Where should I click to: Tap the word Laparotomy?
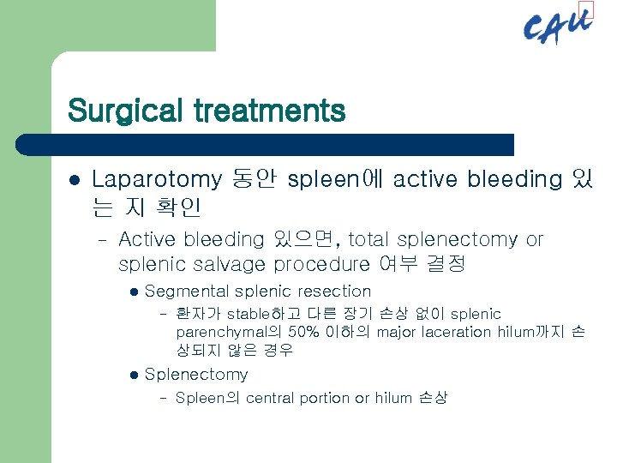tap(156, 180)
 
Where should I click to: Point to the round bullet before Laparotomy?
tap(74, 180)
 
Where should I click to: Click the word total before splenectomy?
tap(370, 240)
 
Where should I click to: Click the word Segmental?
tap(187, 292)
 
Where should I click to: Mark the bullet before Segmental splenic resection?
tap(132, 292)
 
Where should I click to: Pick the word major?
tap(396, 332)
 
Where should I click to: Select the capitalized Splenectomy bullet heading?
tap(196, 375)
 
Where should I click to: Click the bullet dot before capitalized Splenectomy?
tap(132, 375)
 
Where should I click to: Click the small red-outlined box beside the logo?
tap(585, 10)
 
